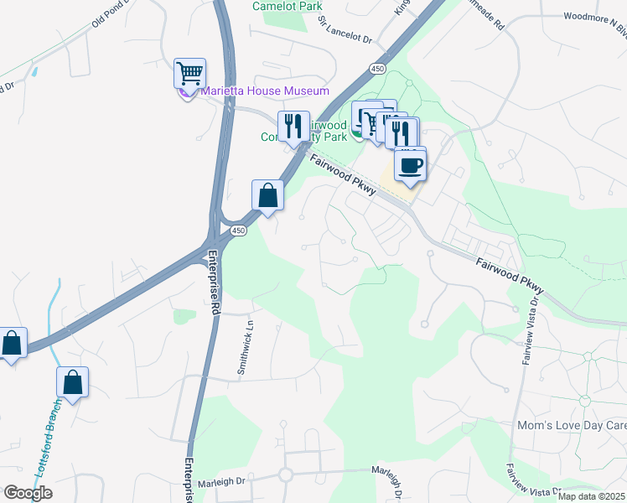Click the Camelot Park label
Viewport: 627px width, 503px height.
(288, 6)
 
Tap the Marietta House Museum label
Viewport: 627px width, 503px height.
(264, 91)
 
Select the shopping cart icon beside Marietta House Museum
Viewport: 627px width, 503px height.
(189, 73)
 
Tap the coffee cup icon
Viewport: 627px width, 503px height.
(410, 164)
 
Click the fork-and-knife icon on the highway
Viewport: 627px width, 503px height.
(293, 127)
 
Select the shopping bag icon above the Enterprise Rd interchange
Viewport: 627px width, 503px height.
(267, 195)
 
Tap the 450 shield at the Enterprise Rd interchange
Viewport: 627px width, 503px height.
(239, 230)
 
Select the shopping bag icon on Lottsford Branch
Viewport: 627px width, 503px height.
(73, 382)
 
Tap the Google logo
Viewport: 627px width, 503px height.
(28, 493)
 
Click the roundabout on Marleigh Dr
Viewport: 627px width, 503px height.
(285, 475)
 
